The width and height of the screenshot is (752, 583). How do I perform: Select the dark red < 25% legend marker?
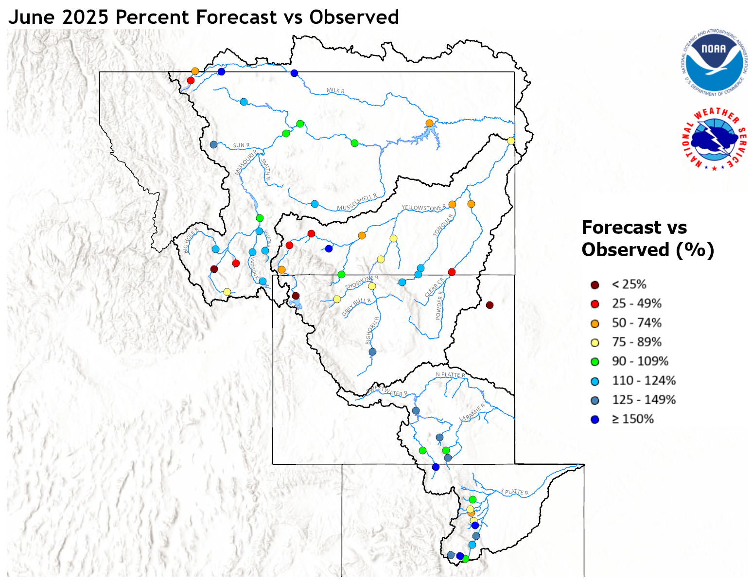595,285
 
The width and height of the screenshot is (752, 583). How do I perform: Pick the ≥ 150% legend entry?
632,419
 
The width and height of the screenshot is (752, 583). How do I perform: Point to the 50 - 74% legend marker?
595,323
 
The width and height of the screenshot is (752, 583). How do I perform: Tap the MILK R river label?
335,90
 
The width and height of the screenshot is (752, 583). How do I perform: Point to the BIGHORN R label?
372,330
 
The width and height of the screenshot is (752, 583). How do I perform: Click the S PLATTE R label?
514,492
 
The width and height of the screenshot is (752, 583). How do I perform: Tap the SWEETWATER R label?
387,391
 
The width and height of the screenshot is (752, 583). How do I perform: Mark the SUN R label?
241,145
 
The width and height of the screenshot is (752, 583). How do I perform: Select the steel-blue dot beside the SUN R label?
213,144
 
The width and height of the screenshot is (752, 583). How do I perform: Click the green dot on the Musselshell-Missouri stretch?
354,143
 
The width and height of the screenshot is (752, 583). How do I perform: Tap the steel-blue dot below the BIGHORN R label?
372,352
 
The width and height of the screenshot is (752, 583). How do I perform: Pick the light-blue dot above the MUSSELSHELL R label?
315,204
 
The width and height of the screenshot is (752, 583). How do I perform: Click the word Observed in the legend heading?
625,250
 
